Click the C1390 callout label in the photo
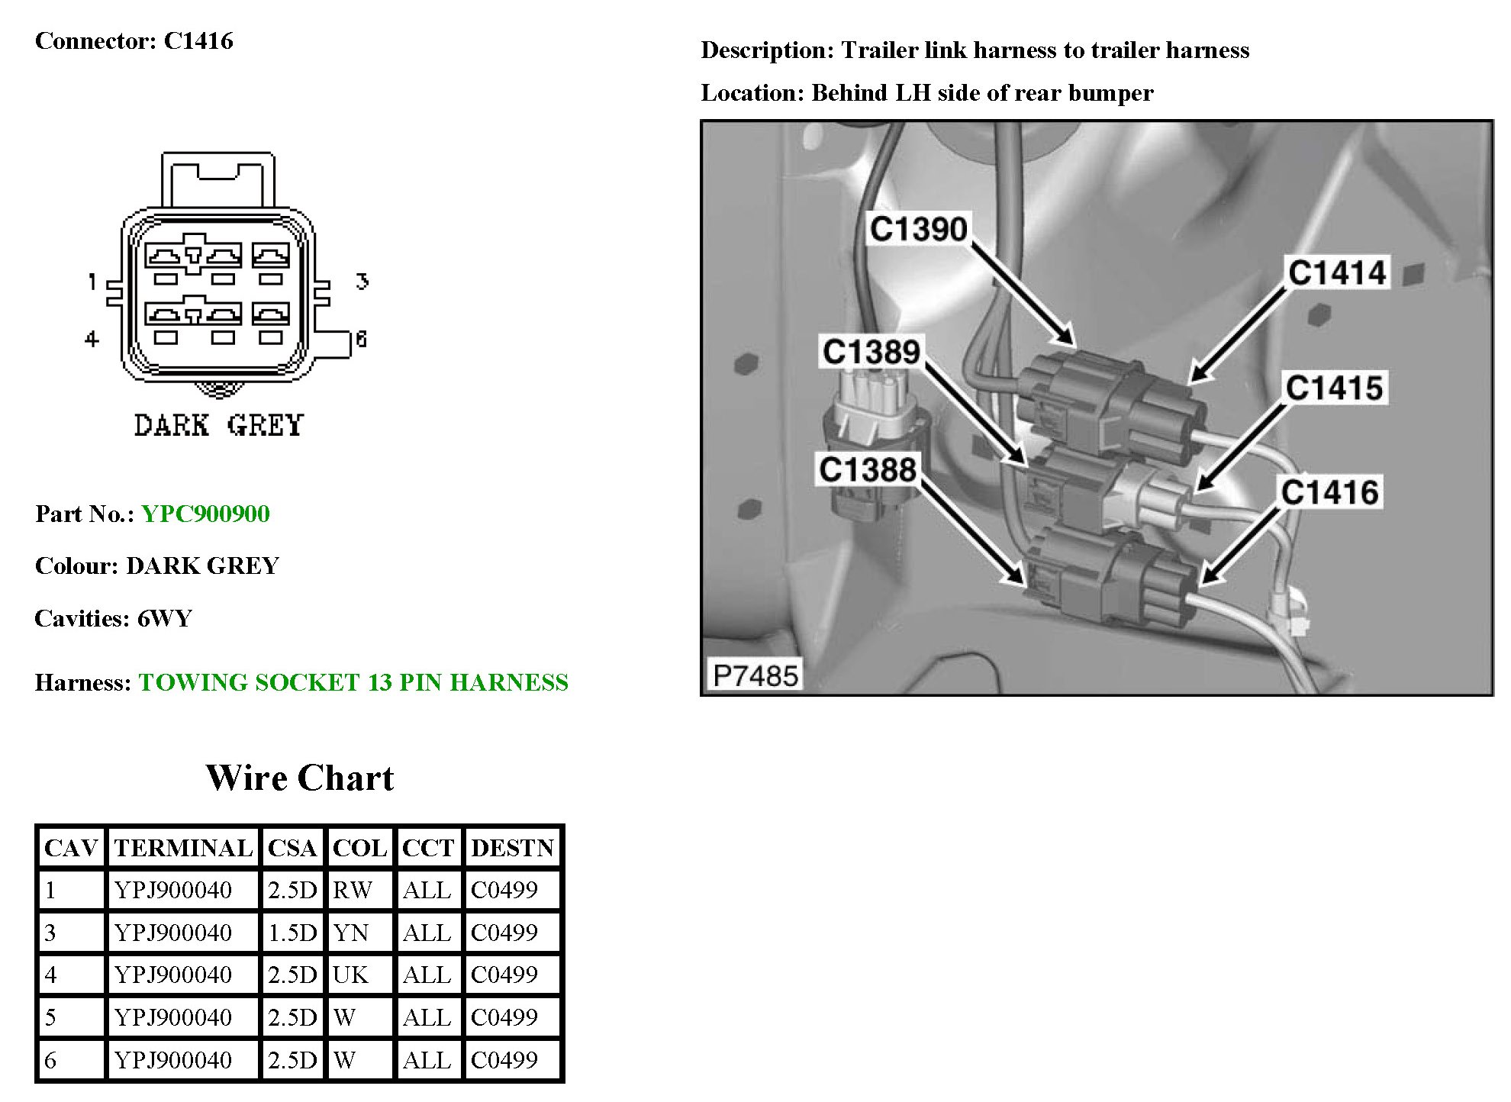coord(918,229)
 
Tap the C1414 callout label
coord(1337,272)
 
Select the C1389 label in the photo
coord(871,352)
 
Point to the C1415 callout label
coord(1334,388)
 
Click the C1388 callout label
coord(868,469)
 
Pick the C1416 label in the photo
coord(1330,492)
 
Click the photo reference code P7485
coord(755,675)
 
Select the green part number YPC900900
coord(205,514)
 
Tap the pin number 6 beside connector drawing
coord(361,339)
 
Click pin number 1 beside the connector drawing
coord(92,282)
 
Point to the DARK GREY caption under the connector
coord(219,425)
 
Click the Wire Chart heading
coord(300,778)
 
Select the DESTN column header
coord(512,848)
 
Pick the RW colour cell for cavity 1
coord(353,890)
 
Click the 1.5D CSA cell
coord(292,933)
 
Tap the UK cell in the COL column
coord(350,975)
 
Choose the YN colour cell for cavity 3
coord(351,933)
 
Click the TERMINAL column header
coord(183,848)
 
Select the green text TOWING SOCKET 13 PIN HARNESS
coord(353,682)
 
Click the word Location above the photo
coord(750,93)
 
